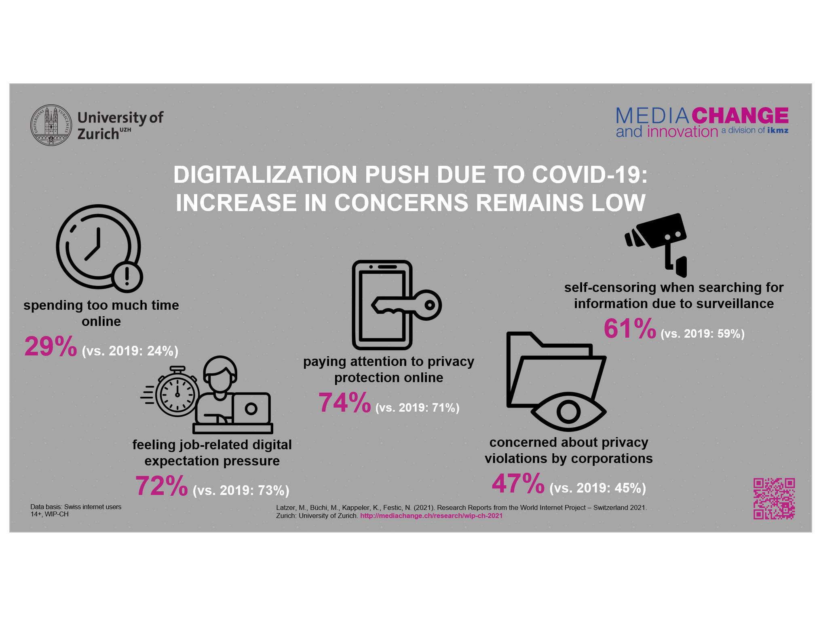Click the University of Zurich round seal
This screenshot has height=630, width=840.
click(x=51, y=125)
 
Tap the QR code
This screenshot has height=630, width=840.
click(x=774, y=498)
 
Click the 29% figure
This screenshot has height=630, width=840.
click(x=51, y=347)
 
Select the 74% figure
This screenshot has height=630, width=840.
click(x=344, y=403)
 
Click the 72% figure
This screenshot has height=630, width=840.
click(x=161, y=486)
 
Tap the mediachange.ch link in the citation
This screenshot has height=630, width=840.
click(x=431, y=516)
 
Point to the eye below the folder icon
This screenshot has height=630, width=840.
click(x=568, y=412)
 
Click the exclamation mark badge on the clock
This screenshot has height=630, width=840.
click(x=127, y=277)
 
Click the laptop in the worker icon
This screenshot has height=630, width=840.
click(x=251, y=408)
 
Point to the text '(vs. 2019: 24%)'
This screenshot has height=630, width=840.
click(x=130, y=351)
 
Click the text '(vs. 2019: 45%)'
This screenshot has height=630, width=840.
click(x=597, y=488)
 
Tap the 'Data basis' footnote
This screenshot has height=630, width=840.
click(x=76, y=510)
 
